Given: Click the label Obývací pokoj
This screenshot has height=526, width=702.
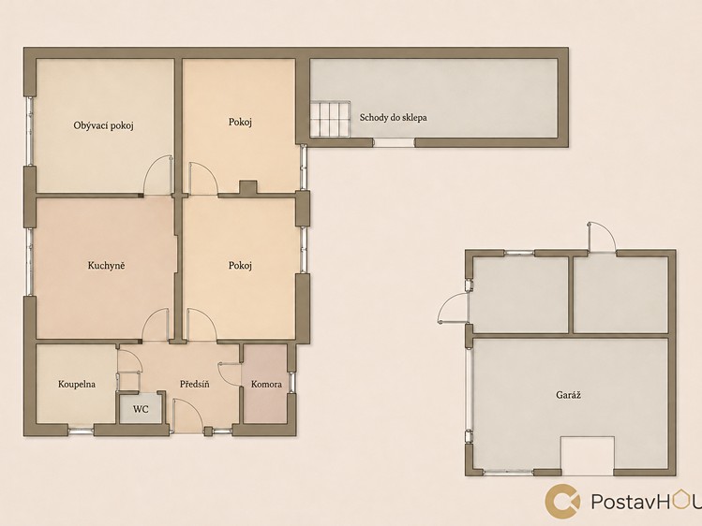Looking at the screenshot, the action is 104,125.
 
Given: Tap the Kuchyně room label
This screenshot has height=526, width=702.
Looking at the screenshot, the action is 106,266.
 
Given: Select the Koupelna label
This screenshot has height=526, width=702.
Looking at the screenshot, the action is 77,384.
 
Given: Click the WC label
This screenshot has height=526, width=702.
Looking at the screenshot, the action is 141,409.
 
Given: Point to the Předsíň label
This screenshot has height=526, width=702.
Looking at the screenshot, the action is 195,384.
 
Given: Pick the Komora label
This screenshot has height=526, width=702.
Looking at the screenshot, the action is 266,384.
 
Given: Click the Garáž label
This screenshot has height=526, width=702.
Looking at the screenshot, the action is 569,395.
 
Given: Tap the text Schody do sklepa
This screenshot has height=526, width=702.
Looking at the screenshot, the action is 393,118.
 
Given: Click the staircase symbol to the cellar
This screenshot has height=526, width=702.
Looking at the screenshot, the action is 330,119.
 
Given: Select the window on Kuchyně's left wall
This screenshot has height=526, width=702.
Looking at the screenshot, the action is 30,262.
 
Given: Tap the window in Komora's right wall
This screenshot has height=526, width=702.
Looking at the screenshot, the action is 291,382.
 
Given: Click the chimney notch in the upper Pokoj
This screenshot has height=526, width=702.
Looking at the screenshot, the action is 248,187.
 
